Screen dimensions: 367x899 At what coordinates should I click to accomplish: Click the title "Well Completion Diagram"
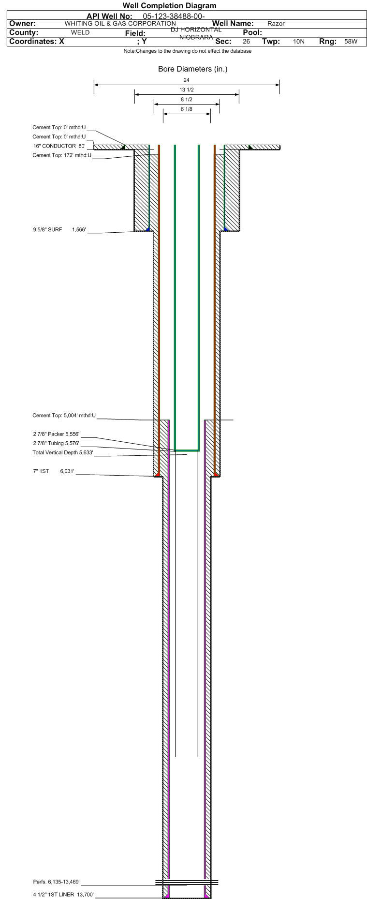[x=169, y=6]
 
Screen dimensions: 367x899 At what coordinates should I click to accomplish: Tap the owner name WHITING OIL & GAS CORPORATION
[x=120, y=23]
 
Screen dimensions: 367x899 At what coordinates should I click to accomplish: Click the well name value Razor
[x=276, y=23]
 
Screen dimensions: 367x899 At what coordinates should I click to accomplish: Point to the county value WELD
[x=80, y=32]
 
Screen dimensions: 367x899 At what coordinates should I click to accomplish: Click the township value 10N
[x=299, y=42]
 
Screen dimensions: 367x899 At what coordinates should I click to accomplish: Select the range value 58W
[x=351, y=42]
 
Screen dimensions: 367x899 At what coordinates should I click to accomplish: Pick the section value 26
[x=247, y=42]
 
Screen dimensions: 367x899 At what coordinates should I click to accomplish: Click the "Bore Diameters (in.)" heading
[x=193, y=69]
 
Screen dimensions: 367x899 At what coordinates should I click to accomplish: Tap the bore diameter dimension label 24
[x=187, y=80]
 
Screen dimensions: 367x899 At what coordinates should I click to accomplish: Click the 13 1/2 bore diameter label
[x=187, y=90]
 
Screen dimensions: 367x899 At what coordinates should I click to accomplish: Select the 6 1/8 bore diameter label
[x=187, y=109]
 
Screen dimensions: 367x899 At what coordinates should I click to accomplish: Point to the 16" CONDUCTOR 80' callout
[x=59, y=146]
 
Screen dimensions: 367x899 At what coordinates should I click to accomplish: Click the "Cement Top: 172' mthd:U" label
[x=62, y=155]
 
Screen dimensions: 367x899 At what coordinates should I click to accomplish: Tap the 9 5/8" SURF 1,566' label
[x=59, y=229]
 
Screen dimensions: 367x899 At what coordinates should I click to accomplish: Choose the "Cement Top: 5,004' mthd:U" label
[x=64, y=415]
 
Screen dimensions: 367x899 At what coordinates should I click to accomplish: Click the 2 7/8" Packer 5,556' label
[x=56, y=434]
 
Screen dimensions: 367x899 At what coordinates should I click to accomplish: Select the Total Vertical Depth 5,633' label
[x=63, y=452]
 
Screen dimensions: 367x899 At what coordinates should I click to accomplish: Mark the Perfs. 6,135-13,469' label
[x=57, y=882]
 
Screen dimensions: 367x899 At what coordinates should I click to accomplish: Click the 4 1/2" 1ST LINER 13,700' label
[x=63, y=895]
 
